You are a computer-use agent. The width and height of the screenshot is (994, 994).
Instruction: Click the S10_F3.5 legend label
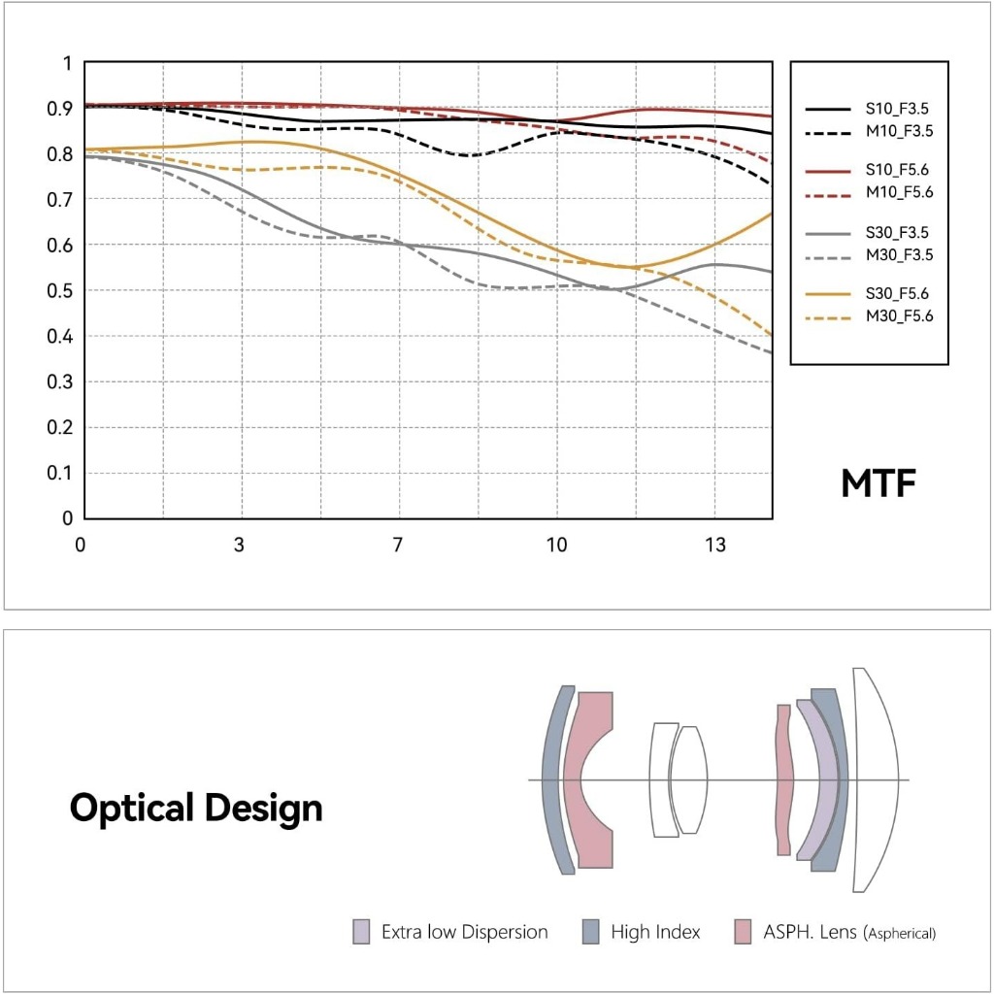pos(897,109)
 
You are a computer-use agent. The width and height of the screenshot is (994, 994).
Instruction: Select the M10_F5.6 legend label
pos(900,192)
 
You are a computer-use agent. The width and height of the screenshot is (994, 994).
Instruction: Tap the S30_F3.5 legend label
pos(897,233)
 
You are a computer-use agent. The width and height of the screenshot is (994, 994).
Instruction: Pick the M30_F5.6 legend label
pos(900,315)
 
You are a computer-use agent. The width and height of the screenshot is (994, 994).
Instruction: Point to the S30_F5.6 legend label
pos(897,293)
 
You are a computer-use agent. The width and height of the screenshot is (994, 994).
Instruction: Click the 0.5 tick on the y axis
pos(59,291)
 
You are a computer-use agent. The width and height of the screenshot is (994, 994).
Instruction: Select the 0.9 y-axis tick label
pos(59,109)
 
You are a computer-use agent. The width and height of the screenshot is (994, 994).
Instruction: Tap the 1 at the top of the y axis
pos(67,63)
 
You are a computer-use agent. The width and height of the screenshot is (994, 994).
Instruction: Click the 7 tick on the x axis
pos(397,545)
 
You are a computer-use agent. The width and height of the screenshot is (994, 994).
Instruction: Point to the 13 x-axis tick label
pos(715,545)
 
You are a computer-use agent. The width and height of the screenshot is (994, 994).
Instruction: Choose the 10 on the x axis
pos(556,545)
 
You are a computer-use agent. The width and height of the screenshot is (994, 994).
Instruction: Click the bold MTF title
pos(878,483)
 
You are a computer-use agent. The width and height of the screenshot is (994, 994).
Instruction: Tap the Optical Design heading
pos(196,809)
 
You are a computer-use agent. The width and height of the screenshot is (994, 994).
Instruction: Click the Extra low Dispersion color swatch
pos(361,932)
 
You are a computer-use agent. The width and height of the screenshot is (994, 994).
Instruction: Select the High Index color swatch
pos(591,932)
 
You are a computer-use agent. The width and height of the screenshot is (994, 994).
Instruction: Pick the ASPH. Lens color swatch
pos(743,932)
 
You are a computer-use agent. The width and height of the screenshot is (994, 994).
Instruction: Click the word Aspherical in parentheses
pos(900,934)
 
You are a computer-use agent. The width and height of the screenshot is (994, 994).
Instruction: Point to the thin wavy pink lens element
pos(784,779)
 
